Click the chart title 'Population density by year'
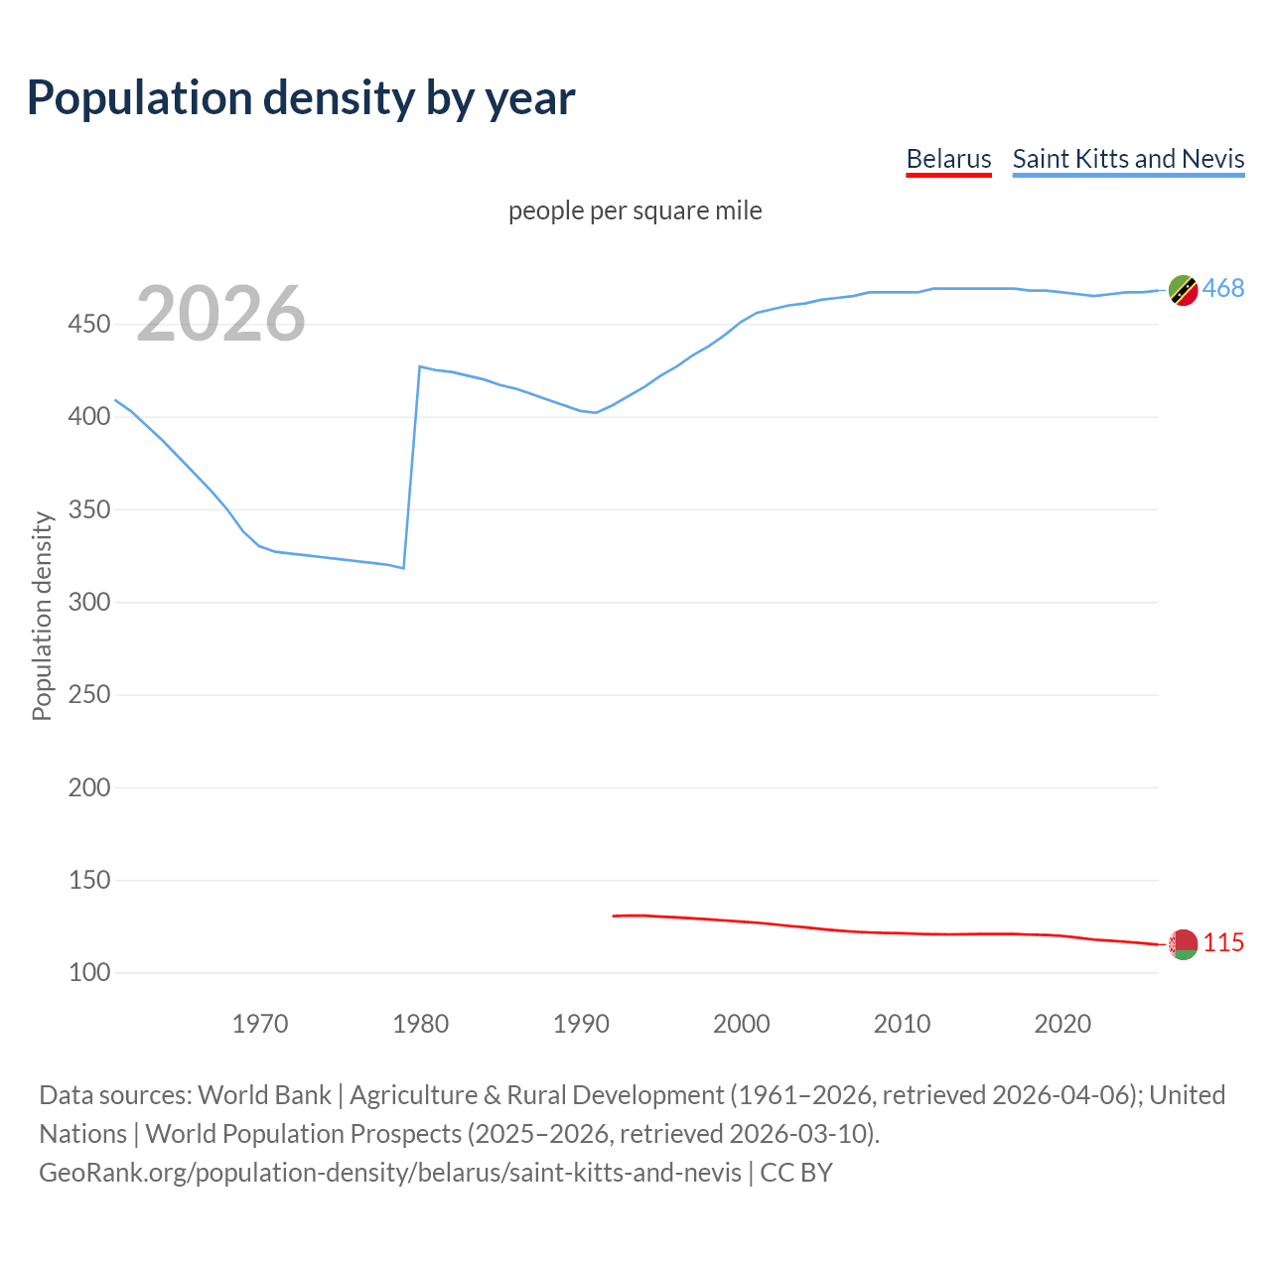[x=301, y=98]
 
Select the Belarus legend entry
[x=948, y=159]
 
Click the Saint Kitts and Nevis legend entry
[x=1128, y=159]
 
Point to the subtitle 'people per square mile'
[x=635, y=211]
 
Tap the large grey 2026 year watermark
[x=220, y=314]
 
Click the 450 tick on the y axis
[x=89, y=325]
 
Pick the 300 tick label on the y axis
[x=89, y=602]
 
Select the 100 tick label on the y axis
[x=89, y=972]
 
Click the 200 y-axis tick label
[x=89, y=787]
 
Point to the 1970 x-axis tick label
[x=260, y=1023]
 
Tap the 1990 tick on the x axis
[x=581, y=1023]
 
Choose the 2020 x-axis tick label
[x=1062, y=1023]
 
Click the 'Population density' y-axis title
[x=42, y=616]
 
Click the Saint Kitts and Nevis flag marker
[x=1183, y=290]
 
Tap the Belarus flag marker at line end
[x=1183, y=944]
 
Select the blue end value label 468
[x=1223, y=289]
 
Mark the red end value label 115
[x=1223, y=943]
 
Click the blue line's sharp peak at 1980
[x=420, y=366]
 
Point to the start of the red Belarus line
[x=614, y=916]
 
